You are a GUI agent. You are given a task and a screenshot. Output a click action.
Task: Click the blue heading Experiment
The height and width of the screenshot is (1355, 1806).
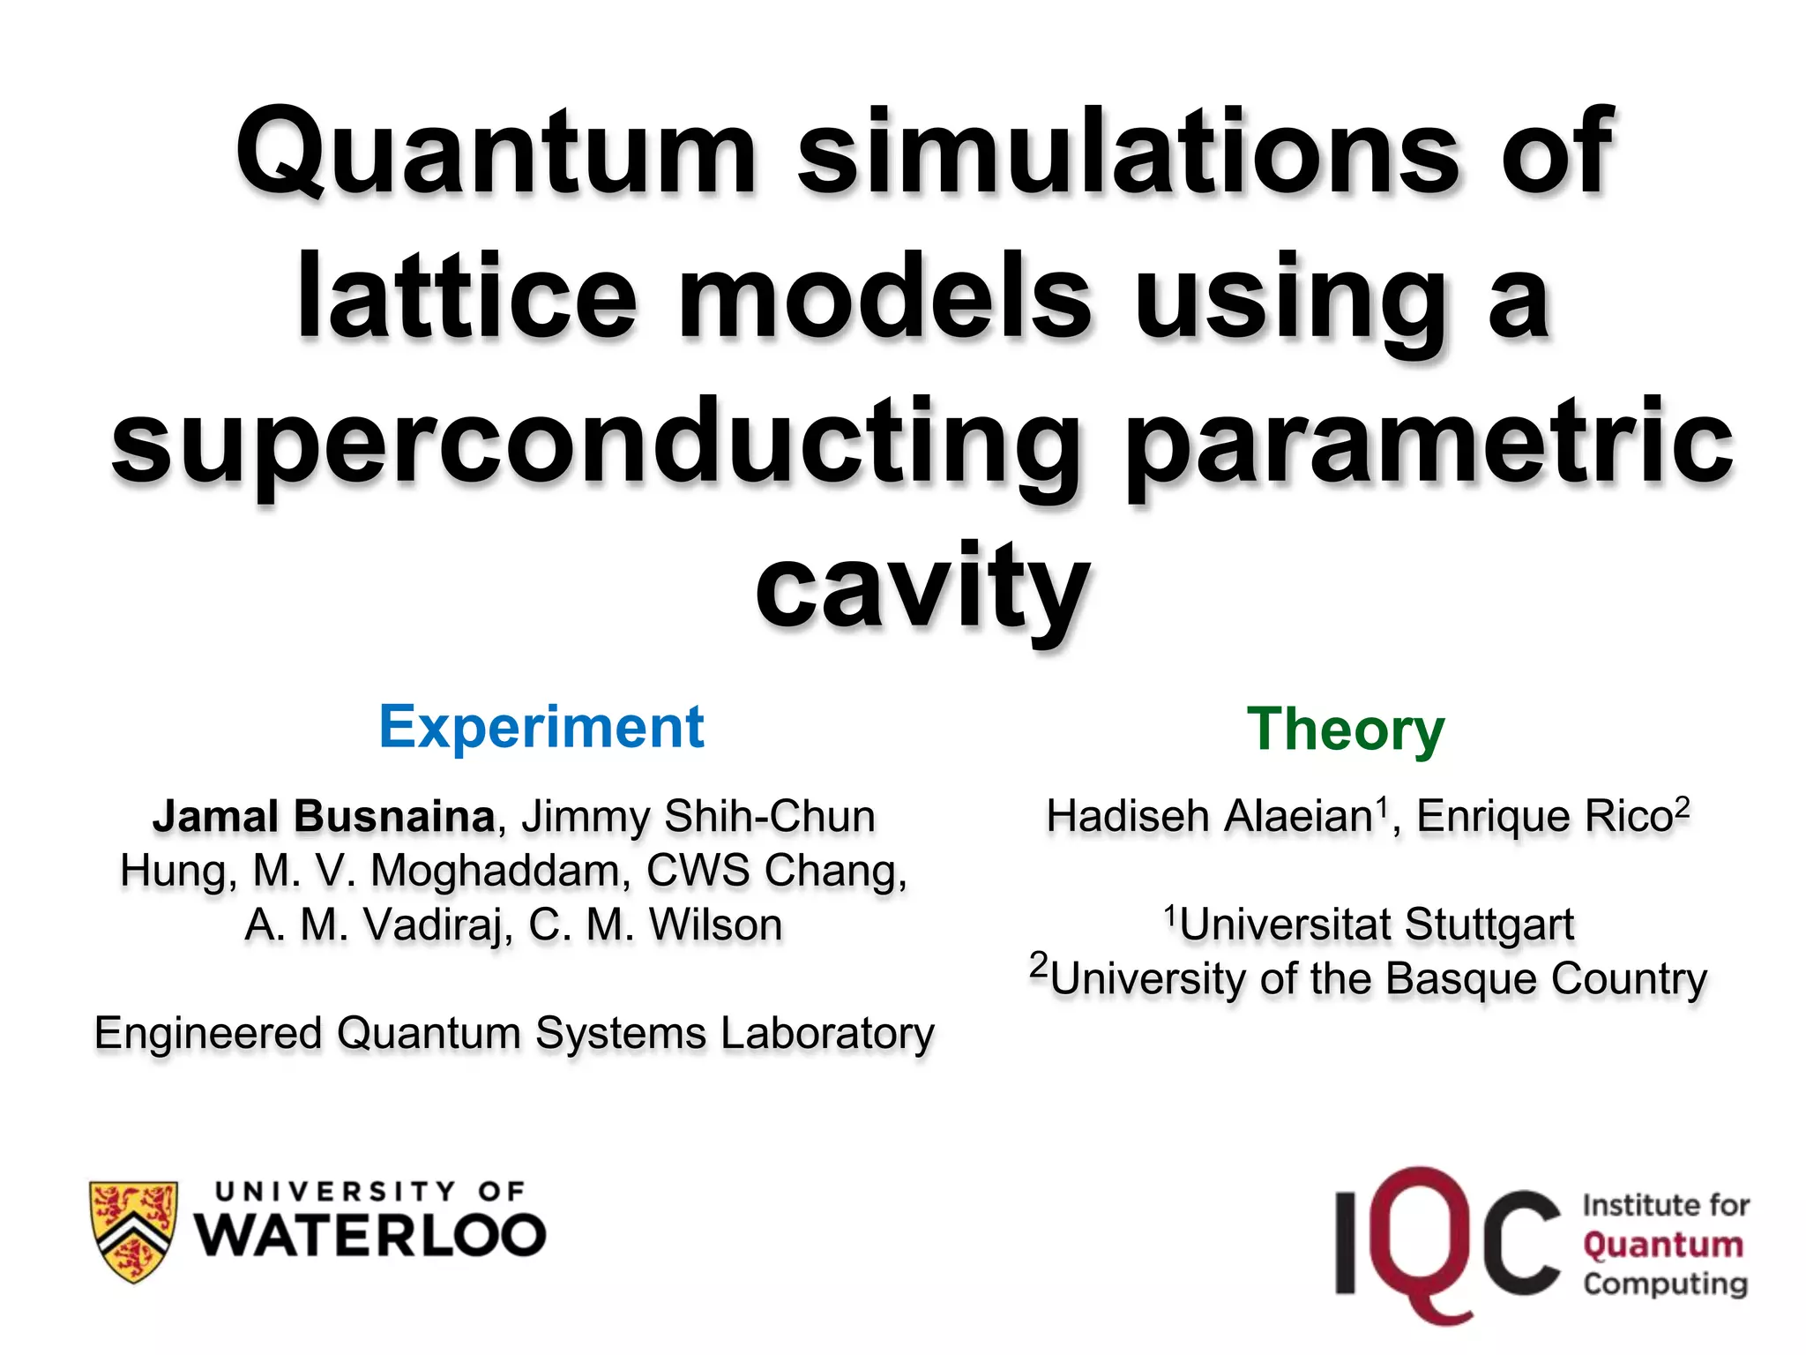coord(541,728)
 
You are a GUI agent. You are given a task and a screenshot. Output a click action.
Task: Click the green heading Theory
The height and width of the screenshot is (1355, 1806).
coord(1346,730)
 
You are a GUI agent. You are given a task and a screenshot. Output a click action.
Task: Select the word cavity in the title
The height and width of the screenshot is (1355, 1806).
coord(922,587)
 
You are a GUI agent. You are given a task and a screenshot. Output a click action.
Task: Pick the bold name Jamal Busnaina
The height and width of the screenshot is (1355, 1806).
coord(324,816)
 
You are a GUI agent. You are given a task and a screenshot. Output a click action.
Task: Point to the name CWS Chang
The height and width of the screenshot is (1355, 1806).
coord(776,871)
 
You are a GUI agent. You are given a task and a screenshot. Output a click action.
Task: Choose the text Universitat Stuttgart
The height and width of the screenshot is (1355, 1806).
coord(1376,925)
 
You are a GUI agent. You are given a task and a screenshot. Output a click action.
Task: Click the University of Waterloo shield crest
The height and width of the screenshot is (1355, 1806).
coord(134,1231)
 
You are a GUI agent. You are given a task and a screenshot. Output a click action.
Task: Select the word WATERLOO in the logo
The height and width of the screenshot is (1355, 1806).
coord(370,1235)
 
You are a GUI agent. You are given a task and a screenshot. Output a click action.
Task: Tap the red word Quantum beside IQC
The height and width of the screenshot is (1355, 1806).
coord(1663,1245)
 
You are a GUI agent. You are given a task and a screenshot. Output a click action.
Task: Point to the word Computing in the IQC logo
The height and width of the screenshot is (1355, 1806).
coord(1665,1284)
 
